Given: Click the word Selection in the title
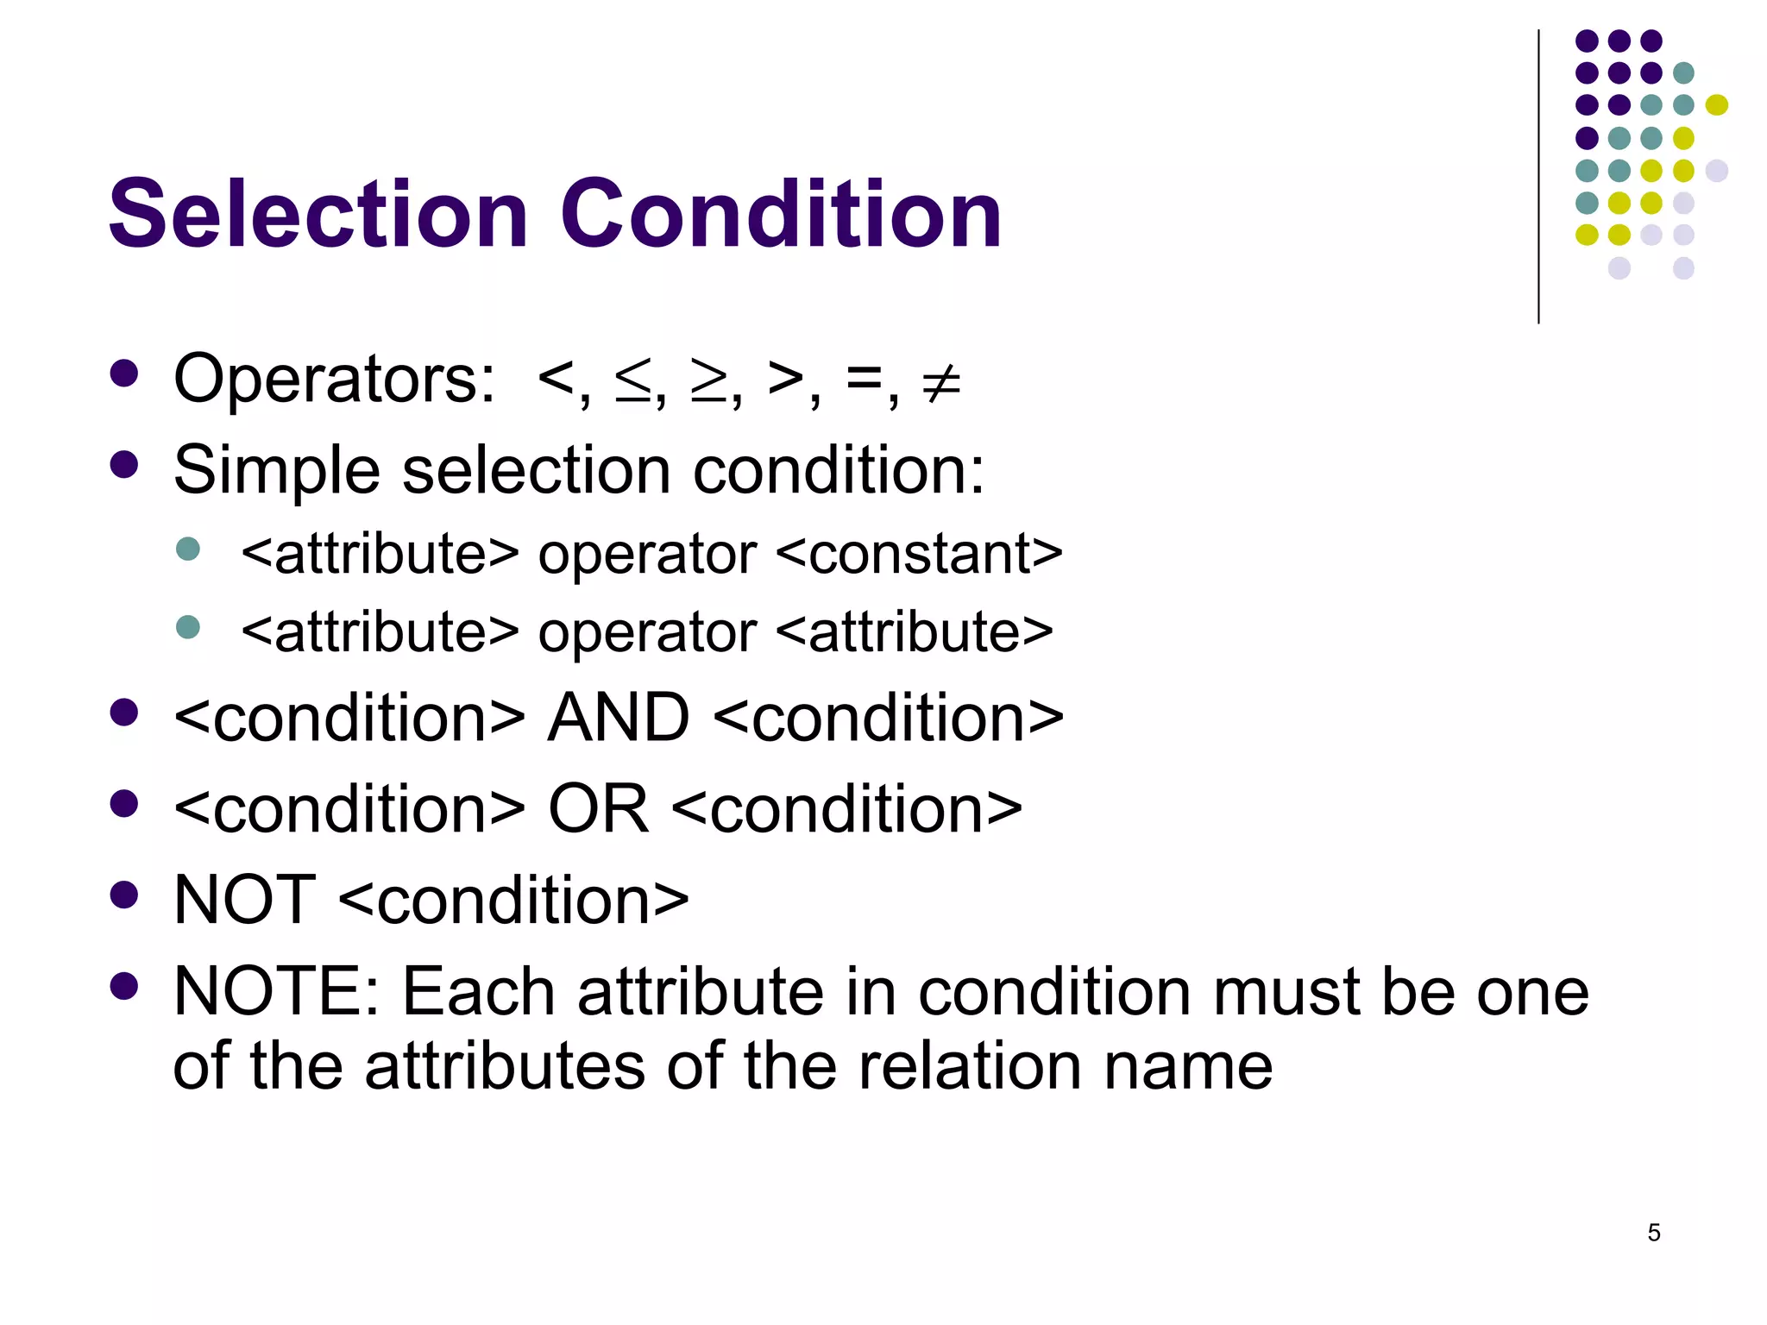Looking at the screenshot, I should (318, 214).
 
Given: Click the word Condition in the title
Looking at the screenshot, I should (781, 214).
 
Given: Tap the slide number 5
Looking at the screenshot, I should (1653, 1233).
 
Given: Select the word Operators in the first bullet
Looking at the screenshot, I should (334, 380).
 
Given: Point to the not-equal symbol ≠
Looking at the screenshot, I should (940, 382).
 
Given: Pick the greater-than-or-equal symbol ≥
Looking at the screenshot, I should (710, 382).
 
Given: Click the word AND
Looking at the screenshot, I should (619, 718).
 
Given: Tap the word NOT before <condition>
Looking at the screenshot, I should (244, 900).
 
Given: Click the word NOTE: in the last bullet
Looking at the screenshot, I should (276, 992).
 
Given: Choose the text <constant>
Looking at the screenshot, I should (920, 553).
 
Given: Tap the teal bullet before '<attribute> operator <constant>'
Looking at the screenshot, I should (187, 549).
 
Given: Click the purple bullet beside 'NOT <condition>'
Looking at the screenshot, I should (124, 895).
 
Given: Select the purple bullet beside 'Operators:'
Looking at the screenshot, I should (124, 374).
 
